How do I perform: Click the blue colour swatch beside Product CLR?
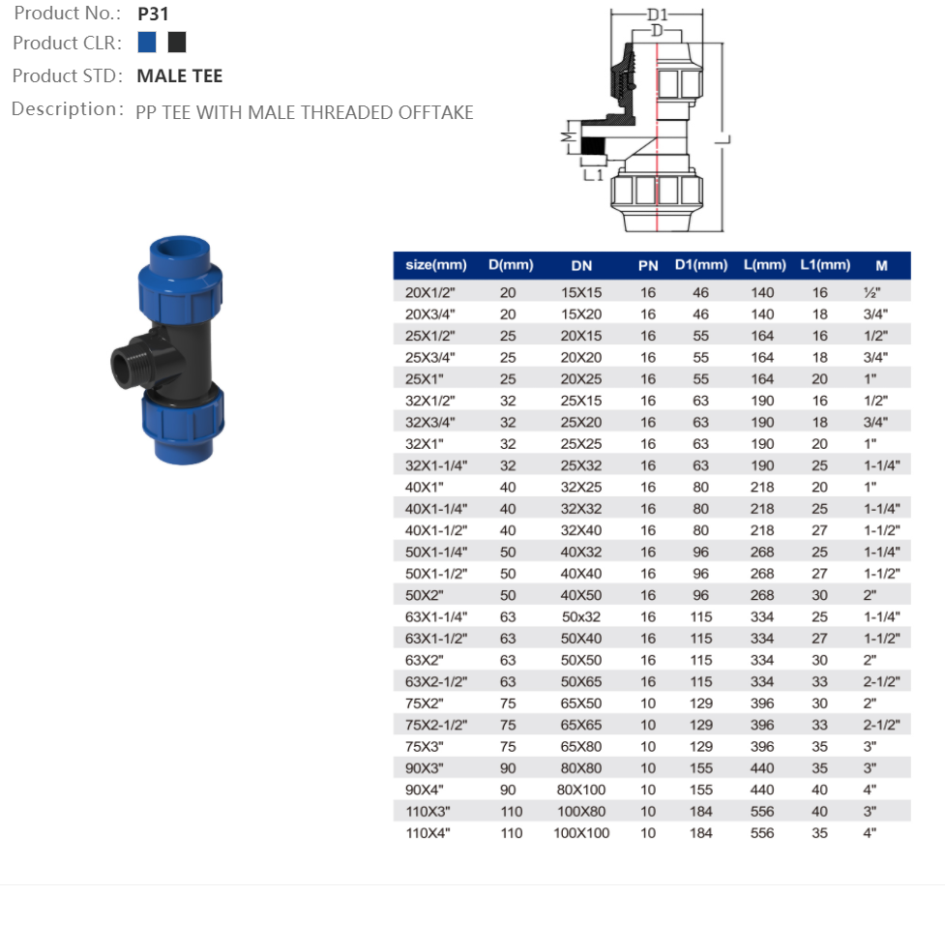pos(146,43)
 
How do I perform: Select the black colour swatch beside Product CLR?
pos(177,43)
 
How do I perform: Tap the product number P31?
pos(153,14)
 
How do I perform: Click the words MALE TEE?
pos(180,76)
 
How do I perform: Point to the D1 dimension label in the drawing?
pos(658,15)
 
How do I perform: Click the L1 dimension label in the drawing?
pos(593,175)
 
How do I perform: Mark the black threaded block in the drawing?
pos(592,146)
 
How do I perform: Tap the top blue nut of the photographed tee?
pos(180,292)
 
